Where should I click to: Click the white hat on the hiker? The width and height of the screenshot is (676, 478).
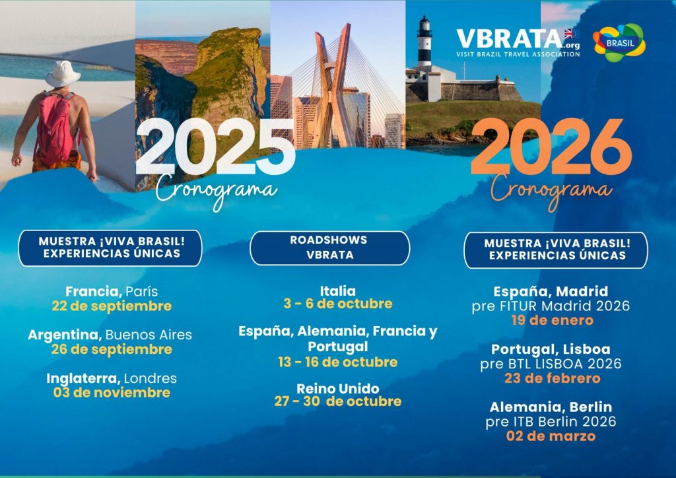(63, 74)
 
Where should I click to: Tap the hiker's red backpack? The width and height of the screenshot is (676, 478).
(55, 127)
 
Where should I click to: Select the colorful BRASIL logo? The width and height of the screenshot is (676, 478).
(619, 43)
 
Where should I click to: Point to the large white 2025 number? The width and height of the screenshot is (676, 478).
(215, 147)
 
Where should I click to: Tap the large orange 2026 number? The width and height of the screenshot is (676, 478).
(551, 147)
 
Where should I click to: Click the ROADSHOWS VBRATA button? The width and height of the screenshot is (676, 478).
(330, 248)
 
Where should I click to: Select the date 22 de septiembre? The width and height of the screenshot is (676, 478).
(112, 306)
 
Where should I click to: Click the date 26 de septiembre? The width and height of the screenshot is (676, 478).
(112, 349)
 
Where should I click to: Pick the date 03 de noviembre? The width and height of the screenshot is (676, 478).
(112, 393)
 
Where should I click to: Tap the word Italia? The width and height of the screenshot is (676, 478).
(338, 290)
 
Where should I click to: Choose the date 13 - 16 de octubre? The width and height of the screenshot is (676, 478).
(338, 362)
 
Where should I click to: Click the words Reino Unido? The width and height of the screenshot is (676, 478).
(338, 388)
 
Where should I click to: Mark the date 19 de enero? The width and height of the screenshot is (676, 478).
(553, 320)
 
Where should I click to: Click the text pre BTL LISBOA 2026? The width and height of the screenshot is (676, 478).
(551, 364)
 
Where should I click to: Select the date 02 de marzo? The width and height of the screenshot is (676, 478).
(551, 436)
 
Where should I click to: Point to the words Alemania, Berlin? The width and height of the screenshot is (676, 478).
(551, 407)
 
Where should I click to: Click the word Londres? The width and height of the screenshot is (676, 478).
(150, 378)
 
